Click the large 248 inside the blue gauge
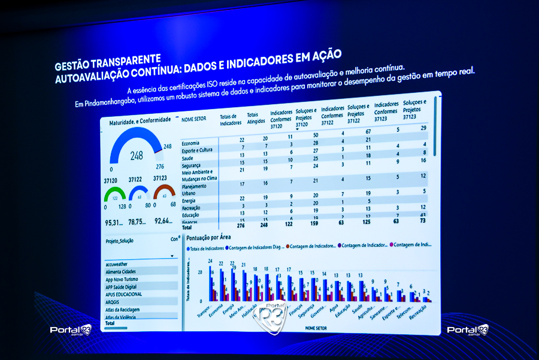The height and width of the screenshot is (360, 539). [137, 156]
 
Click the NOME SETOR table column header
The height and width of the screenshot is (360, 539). [194, 119]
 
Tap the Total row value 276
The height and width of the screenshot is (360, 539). [225, 225]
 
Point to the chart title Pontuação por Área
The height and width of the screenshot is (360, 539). [208, 237]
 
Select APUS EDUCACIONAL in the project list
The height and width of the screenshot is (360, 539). [124, 294]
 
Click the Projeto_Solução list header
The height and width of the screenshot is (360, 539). [120, 241]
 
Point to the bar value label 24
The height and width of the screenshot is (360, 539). [211, 261]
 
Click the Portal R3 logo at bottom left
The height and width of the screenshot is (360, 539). [70, 330]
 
